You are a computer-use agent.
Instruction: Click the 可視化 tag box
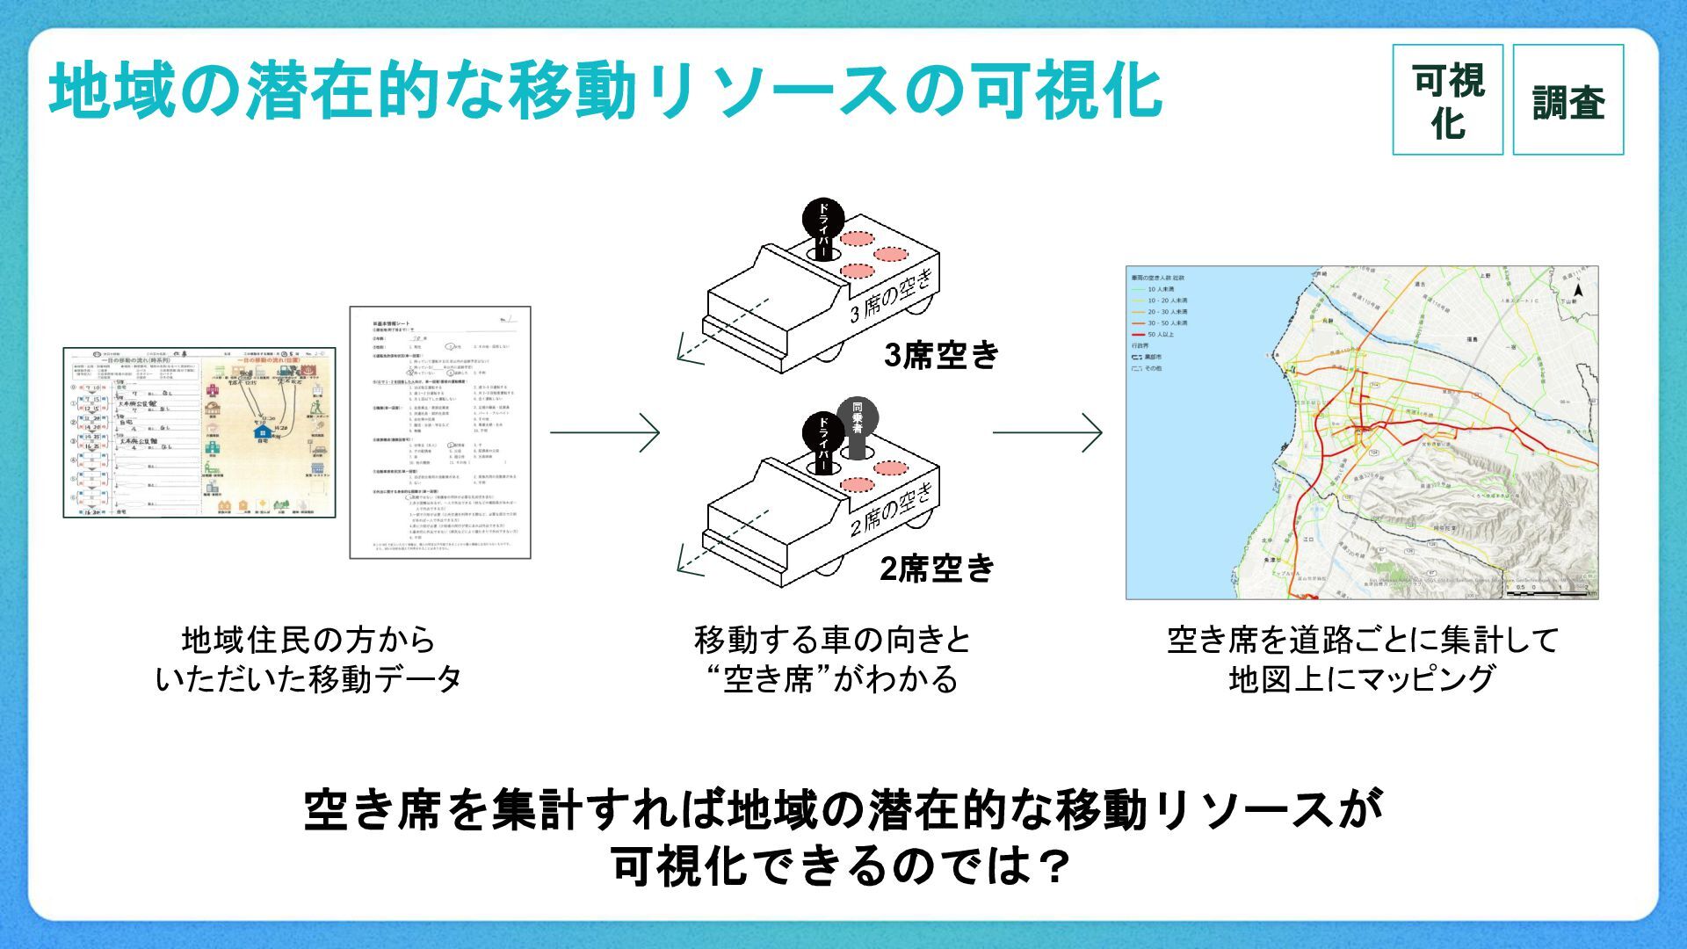(x=1447, y=100)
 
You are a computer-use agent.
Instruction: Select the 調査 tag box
(x=1568, y=100)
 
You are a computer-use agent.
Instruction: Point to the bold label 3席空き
(x=941, y=355)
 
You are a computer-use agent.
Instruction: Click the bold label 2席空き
(x=937, y=569)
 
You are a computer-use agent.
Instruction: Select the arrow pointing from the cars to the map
(x=1047, y=431)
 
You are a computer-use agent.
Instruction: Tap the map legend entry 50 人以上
(x=1160, y=335)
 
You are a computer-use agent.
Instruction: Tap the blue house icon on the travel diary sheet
(x=260, y=431)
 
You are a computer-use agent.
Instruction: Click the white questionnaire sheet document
(x=441, y=432)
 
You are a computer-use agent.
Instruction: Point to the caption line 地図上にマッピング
(x=1361, y=679)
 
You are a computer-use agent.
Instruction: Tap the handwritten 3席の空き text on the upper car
(x=889, y=297)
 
